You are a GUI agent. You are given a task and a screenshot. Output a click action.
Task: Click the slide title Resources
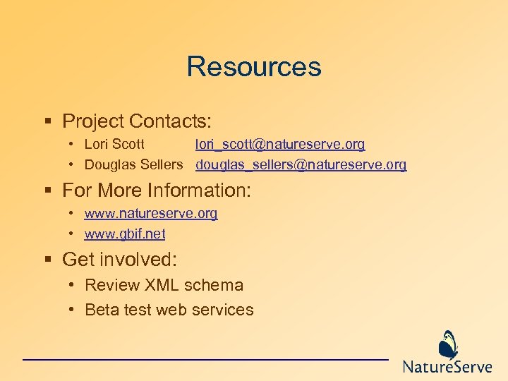click(254, 67)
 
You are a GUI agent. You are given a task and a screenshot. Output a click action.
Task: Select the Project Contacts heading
click(137, 121)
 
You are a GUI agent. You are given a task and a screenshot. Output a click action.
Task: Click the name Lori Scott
click(114, 145)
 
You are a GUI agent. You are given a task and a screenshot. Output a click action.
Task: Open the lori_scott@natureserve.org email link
click(280, 145)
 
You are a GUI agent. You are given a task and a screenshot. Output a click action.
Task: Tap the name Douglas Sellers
click(133, 165)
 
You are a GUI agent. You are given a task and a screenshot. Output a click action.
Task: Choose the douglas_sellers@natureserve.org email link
click(301, 165)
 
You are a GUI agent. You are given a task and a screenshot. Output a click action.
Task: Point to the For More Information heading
click(157, 190)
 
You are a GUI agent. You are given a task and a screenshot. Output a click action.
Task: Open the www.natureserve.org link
click(151, 213)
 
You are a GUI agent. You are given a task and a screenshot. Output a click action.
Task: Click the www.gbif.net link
click(125, 234)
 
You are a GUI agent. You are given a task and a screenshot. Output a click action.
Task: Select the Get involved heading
click(119, 260)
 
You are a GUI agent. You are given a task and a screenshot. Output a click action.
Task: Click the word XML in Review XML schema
click(162, 286)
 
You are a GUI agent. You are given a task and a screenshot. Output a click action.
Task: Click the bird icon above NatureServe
click(449, 345)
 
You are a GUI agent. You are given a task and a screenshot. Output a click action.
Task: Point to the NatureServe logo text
click(447, 367)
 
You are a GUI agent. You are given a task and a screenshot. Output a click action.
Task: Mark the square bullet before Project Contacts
click(48, 122)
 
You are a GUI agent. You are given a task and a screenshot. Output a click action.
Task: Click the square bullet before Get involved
click(48, 260)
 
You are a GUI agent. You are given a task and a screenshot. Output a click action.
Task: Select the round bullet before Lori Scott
click(73, 145)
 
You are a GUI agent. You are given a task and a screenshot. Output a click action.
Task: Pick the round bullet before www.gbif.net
click(73, 234)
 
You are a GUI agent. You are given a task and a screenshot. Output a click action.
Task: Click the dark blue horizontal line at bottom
click(205, 360)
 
